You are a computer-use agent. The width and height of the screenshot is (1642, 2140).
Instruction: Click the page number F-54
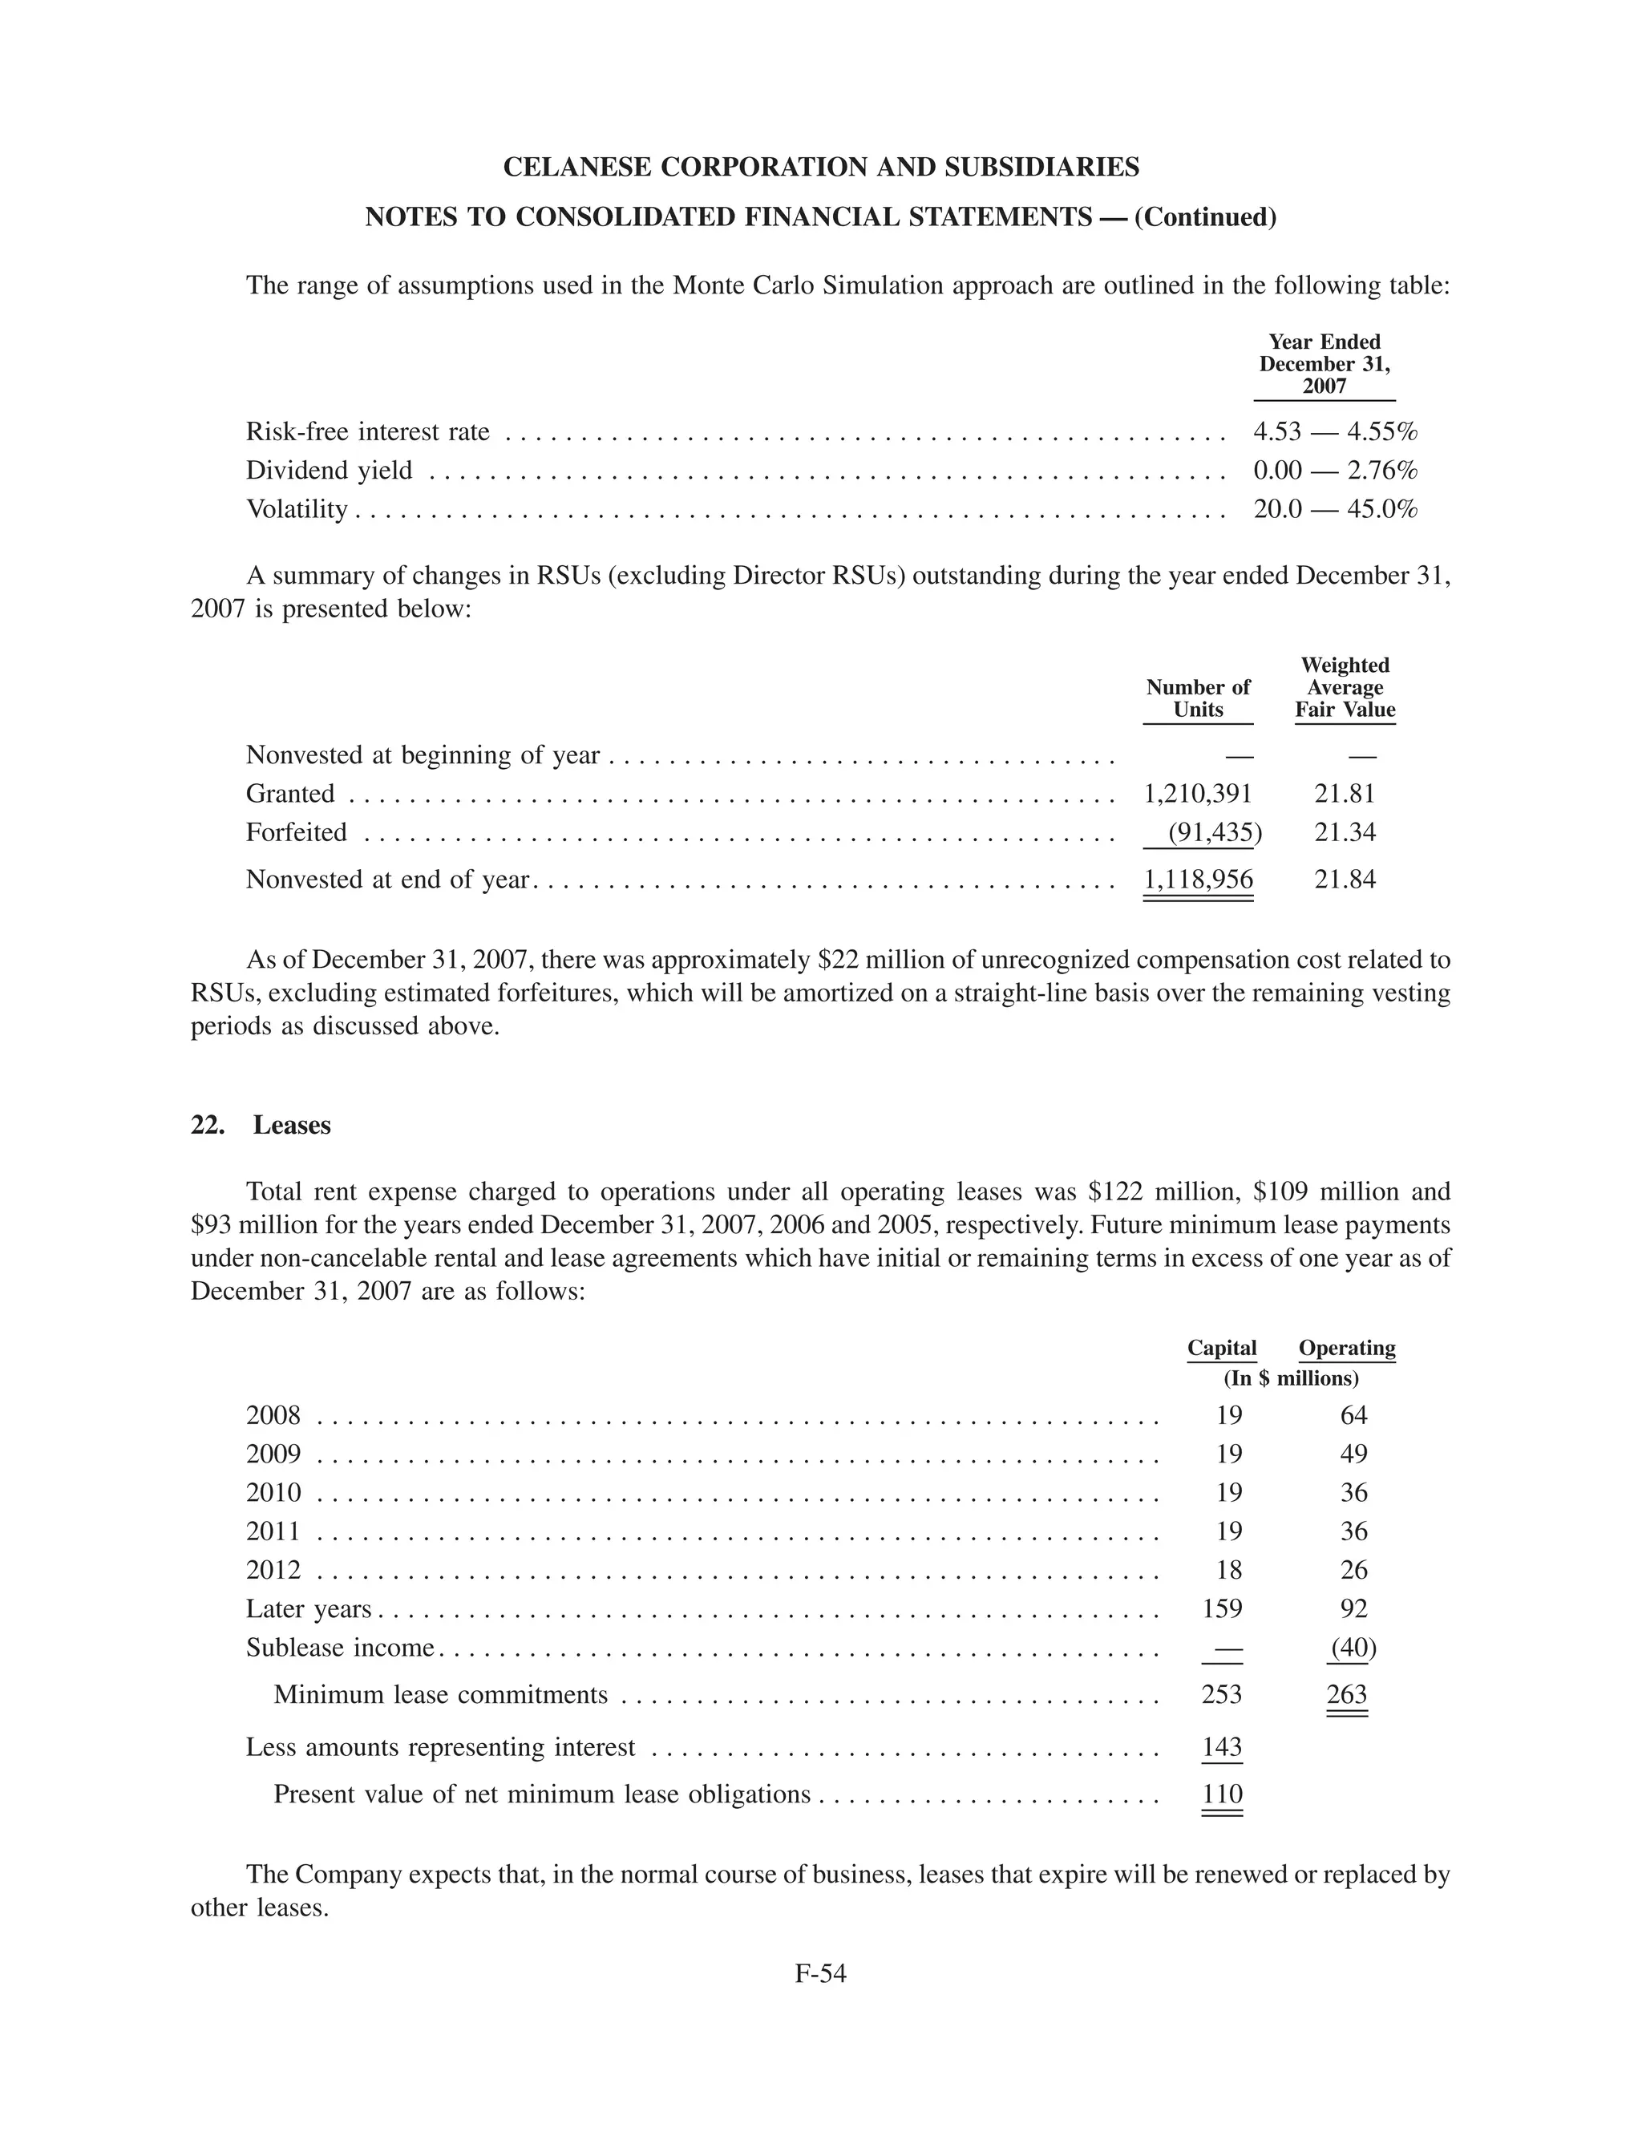[x=820, y=1973]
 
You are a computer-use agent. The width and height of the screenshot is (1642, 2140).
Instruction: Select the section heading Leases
[x=291, y=1125]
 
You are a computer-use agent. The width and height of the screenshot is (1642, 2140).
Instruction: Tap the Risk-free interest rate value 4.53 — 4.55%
[x=1335, y=431]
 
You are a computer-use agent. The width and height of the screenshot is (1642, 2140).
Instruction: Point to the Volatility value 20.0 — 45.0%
[x=1335, y=509]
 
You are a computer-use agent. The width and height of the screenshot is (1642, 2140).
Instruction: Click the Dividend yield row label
[x=330, y=470]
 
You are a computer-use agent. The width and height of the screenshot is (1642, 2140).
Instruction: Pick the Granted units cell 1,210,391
[x=1197, y=794]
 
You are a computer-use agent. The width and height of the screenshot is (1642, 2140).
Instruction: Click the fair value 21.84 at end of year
[x=1345, y=880]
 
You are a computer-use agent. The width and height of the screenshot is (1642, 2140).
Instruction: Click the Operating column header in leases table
[x=1347, y=1349]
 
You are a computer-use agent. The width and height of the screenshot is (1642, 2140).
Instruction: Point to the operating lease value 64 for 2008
[x=1353, y=1415]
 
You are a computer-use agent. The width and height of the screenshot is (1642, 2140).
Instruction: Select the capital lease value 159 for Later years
[x=1222, y=1608]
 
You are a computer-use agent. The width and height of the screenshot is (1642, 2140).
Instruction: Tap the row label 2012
[x=273, y=1570]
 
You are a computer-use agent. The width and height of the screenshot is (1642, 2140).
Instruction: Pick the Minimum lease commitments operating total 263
[x=1347, y=1694]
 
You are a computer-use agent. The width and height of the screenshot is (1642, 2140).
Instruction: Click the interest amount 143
[x=1222, y=1747]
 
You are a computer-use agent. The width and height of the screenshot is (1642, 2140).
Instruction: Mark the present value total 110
[x=1222, y=1794]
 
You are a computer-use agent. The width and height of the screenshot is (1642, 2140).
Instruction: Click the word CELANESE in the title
[x=576, y=167]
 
